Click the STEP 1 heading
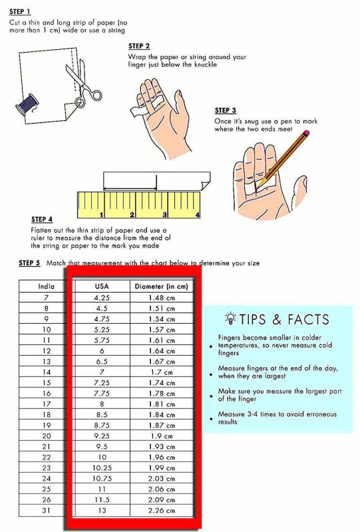[x=20, y=11]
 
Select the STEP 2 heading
[x=139, y=46]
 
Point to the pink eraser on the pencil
[x=307, y=133]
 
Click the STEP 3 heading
[x=225, y=110]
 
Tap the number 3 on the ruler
[x=165, y=215]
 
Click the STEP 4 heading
[x=42, y=219]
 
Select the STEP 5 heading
[x=29, y=263]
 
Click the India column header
[x=46, y=287]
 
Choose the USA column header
[x=102, y=287]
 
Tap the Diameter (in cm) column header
[x=161, y=287]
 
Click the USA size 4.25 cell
[x=102, y=297]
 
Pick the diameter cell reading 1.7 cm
[x=161, y=372]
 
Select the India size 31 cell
[x=46, y=510]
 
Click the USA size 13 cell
[x=102, y=510]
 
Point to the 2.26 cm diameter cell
[x=161, y=510]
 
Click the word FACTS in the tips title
[x=308, y=319]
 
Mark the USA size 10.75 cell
[x=102, y=478]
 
